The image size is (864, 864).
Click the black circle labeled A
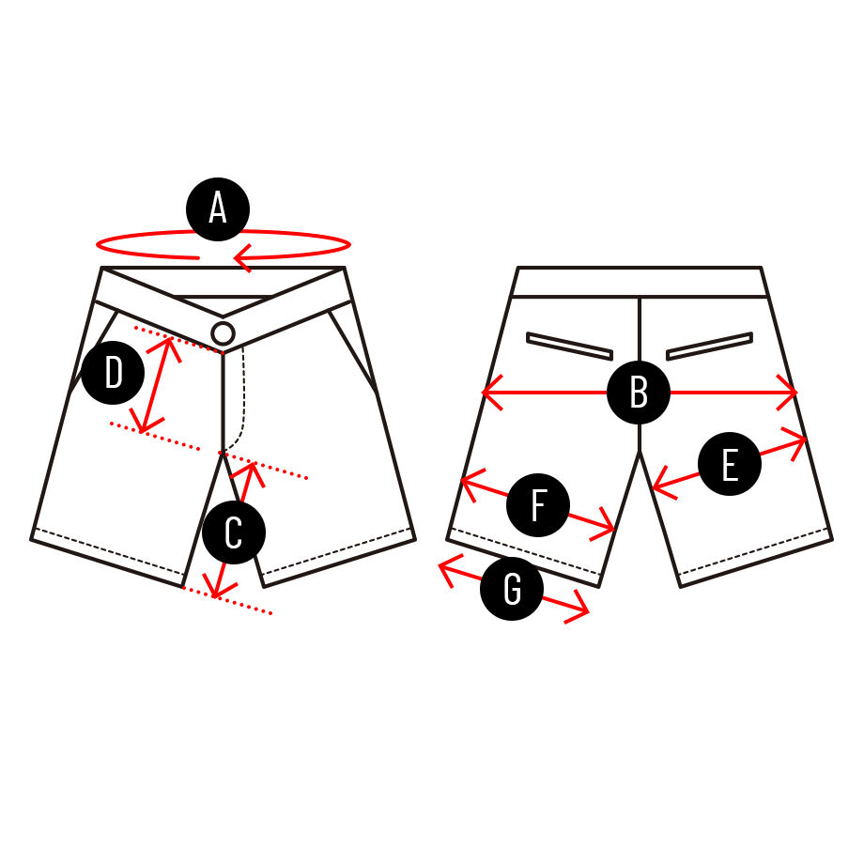pyautogui.click(x=218, y=209)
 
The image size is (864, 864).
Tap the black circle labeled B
pyautogui.click(x=639, y=393)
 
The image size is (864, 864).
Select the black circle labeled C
pyautogui.click(x=234, y=532)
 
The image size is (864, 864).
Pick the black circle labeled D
pyautogui.click(x=113, y=373)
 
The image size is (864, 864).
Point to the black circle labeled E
pyautogui.click(x=730, y=464)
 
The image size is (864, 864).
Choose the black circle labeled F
pyautogui.click(x=538, y=504)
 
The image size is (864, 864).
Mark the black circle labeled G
pyautogui.click(x=512, y=589)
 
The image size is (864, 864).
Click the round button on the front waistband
pyautogui.click(x=223, y=333)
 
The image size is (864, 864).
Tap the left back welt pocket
pyautogui.click(x=569, y=346)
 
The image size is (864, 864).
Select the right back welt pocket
pyautogui.click(x=710, y=346)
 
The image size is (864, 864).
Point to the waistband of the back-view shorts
pyautogui.click(x=640, y=282)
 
